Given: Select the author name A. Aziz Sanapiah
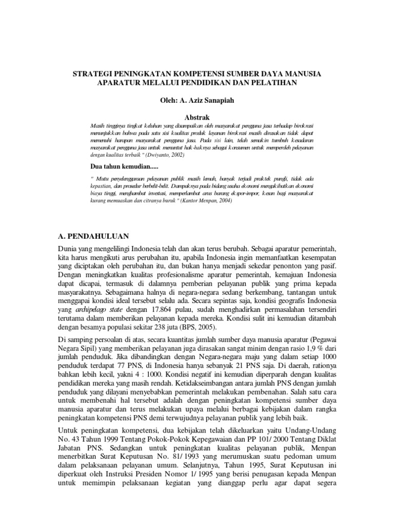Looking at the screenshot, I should point(208,101).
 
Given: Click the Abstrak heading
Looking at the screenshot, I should point(197,118).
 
